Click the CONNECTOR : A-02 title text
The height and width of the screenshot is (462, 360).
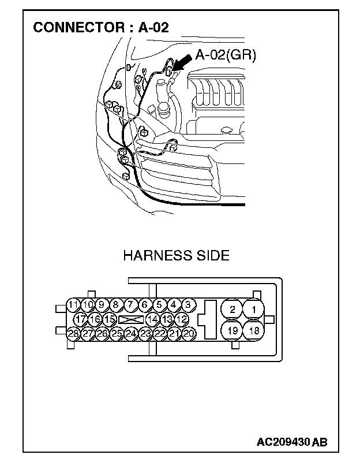pos(101,27)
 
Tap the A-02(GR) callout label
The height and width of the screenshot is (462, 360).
pos(226,55)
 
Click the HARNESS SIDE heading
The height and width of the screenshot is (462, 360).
pos(176,255)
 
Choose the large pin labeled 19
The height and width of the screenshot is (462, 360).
pos(231,331)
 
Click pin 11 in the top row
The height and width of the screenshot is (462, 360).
pos(73,305)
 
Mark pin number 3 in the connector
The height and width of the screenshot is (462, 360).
pos(187,305)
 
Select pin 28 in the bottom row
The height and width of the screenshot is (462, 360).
pos(73,333)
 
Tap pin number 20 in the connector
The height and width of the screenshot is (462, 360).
pos(189,333)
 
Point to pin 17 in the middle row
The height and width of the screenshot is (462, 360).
pos(81,319)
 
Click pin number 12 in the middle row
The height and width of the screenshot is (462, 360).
pos(181,319)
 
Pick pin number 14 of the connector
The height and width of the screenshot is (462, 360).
pos(152,319)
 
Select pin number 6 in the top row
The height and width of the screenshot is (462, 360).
pos(145,305)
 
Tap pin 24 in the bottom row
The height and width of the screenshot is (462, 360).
pos(131,333)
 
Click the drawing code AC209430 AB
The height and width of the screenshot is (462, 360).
pos(292,442)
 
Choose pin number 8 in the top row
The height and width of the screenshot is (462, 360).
pos(116,305)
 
